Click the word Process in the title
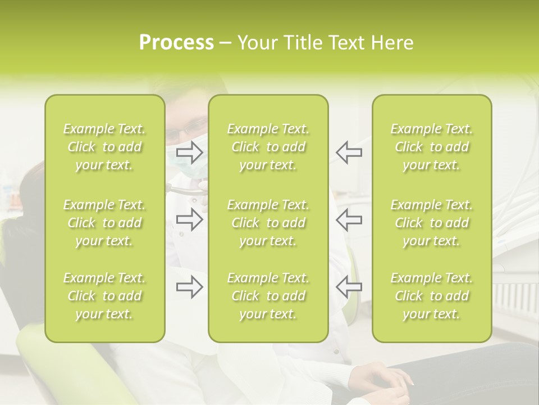[x=176, y=43]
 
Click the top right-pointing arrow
[x=189, y=152]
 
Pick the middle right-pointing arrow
[x=189, y=219]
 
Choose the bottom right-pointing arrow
[x=189, y=287]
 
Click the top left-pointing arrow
[x=349, y=152]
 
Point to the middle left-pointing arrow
[x=349, y=219]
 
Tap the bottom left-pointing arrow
[x=349, y=287]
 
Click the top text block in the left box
[x=104, y=147]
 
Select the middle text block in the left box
[x=104, y=223]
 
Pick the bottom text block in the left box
[x=104, y=296]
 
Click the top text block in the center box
[x=268, y=147]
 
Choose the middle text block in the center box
[x=268, y=223]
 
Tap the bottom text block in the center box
[x=268, y=296]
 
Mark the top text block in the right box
[x=432, y=147]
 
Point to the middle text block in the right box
[x=432, y=223]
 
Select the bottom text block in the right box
[x=432, y=296]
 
